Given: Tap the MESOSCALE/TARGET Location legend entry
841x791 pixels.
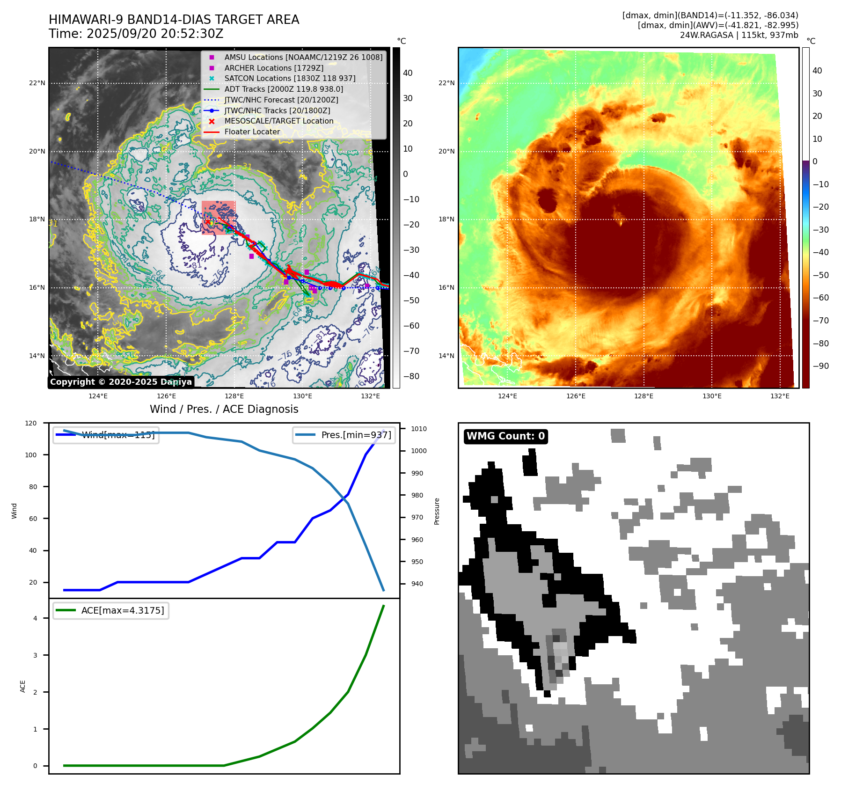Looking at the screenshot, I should point(278,121).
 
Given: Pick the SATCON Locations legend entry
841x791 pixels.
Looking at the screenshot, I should point(290,79).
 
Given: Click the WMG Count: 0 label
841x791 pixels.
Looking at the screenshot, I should point(505,436).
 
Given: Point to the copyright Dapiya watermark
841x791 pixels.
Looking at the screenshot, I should point(121,382).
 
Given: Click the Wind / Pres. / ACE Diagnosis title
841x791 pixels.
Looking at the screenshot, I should point(224,409).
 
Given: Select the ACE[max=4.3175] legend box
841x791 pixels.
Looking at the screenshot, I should point(111,610).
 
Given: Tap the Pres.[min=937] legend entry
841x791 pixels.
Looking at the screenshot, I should point(344,435).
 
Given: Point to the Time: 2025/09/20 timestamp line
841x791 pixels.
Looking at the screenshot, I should point(136,34).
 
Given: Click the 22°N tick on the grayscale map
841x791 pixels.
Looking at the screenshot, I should point(37,83).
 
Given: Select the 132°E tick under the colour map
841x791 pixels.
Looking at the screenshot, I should point(780,396).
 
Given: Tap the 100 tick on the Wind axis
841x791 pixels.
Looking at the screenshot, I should point(31,455).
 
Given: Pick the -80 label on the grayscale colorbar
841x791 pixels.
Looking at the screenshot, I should point(411,376).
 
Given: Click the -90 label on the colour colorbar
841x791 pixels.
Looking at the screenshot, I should point(820,366).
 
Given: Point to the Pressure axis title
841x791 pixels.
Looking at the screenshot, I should point(437,511).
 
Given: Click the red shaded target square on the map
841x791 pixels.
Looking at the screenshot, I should point(219,218).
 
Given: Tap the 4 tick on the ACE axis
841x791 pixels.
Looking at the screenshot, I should point(35,618).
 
